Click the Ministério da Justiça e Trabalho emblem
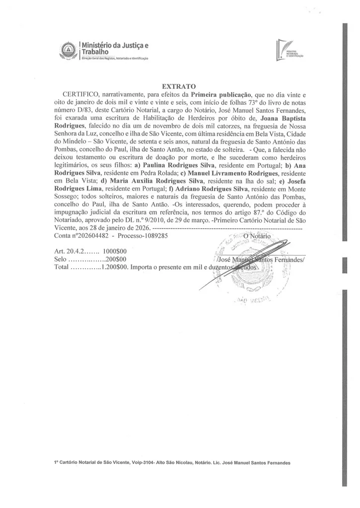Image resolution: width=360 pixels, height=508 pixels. pyautogui.click(x=69, y=51)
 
